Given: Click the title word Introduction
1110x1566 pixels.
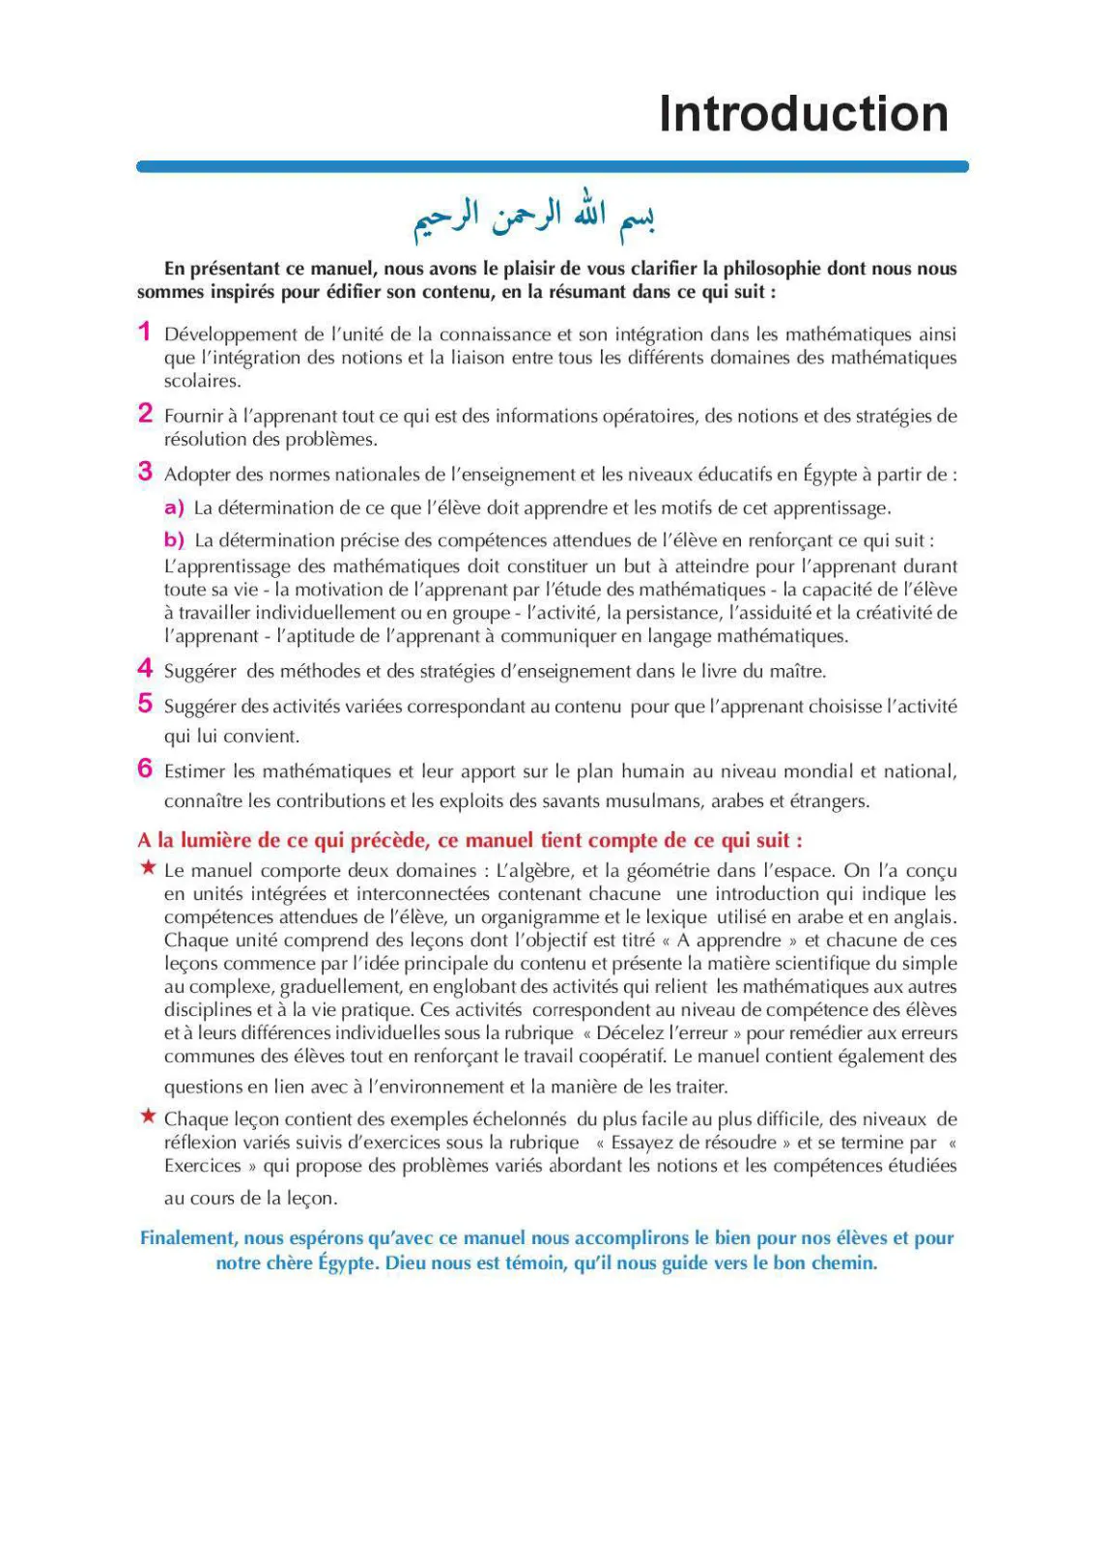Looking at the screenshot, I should click(803, 114).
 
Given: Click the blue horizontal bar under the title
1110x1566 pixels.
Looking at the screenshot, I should click(552, 166).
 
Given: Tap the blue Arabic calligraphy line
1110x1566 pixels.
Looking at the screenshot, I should click(534, 217).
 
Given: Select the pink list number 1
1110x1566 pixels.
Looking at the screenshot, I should click(144, 332).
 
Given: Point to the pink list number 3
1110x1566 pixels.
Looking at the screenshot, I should click(145, 472).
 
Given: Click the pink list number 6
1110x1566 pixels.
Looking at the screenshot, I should click(145, 768).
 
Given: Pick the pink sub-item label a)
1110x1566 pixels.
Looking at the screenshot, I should click(174, 507).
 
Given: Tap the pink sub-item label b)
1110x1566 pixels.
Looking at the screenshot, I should click(174, 539).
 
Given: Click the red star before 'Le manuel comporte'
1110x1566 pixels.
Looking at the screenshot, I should click(148, 867).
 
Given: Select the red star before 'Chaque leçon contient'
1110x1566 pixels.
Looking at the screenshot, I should click(148, 1116).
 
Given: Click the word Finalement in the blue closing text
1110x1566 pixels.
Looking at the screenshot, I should click(187, 1238).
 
